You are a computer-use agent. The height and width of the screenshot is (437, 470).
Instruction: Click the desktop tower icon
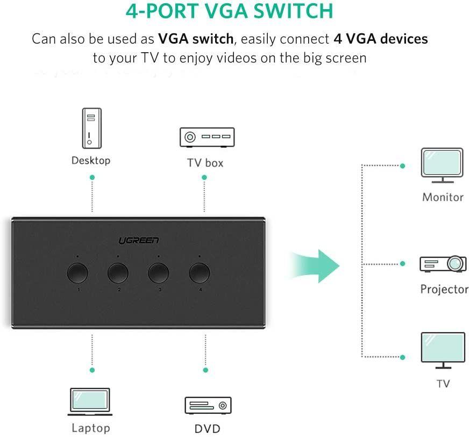pyautogui.click(x=91, y=128)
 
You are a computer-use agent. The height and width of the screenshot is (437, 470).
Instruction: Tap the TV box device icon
pyautogui.click(x=206, y=138)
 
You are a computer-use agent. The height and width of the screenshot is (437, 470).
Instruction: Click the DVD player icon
pyautogui.click(x=208, y=405)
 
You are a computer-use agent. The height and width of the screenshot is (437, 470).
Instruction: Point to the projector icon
pyautogui.click(x=443, y=264)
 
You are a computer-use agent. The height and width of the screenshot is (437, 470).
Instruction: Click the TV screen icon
pyautogui.click(x=443, y=350)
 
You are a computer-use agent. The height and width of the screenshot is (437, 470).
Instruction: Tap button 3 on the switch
pyautogui.click(x=159, y=273)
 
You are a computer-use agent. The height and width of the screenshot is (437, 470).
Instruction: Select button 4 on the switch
pyautogui.click(x=200, y=273)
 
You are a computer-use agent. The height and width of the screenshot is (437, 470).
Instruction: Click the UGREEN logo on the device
pyautogui.click(x=139, y=240)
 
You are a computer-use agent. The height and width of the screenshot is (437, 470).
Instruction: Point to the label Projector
pyautogui.click(x=444, y=290)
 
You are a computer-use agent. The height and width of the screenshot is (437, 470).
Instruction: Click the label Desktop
pyautogui.click(x=91, y=160)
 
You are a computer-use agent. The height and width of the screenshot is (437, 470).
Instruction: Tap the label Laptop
pyautogui.click(x=91, y=428)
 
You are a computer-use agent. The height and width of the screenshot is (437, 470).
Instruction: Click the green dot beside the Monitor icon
pyautogui.click(x=402, y=166)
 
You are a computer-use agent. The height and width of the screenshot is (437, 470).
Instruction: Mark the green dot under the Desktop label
pyautogui.click(x=92, y=177)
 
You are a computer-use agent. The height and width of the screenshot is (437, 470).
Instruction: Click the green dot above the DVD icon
pyautogui.click(x=205, y=370)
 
